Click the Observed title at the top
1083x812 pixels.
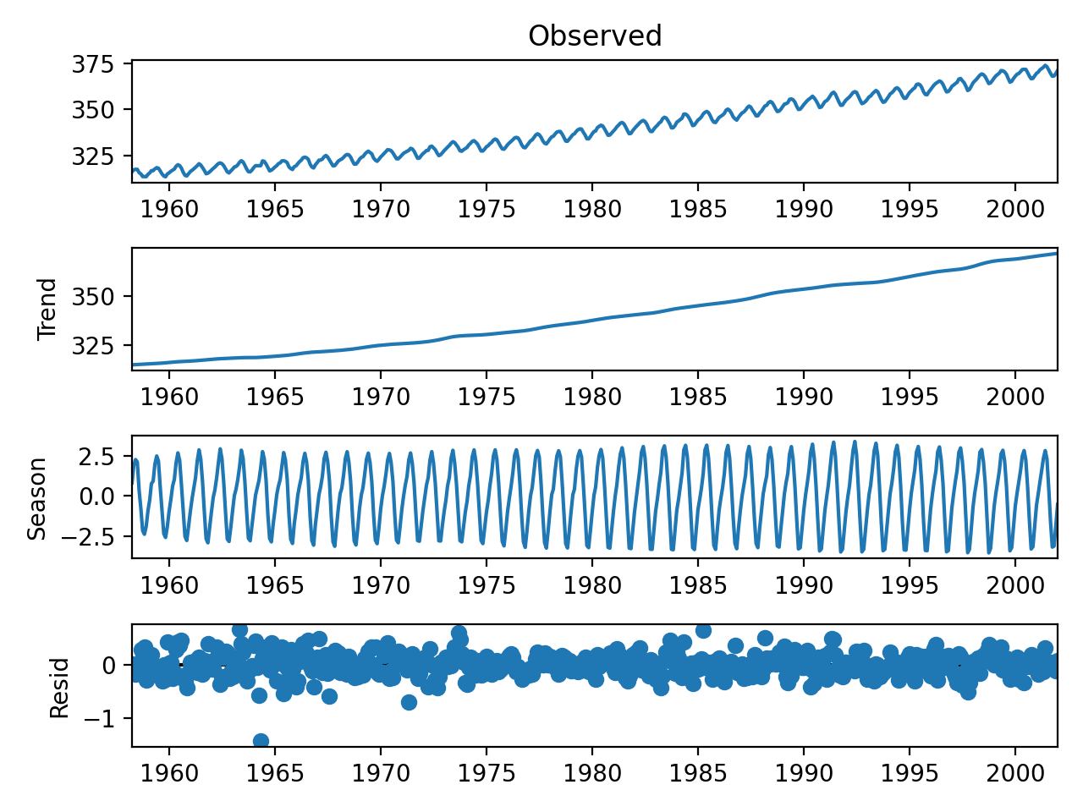pos(595,36)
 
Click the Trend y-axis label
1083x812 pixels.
pos(47,309)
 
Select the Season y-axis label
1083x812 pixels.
pos(36,499)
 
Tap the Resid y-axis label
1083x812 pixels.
pos(59,688)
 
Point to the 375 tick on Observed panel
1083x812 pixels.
pos(93,64)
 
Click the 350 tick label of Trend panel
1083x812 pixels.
pos(93,297)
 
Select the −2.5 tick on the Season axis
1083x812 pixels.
pos(87,536)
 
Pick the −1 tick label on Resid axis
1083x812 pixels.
pos(99,718)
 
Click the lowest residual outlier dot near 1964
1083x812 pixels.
pos(261,740)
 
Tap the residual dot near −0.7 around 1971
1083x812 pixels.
pos(409,702)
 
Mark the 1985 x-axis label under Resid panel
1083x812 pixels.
pos(698,772)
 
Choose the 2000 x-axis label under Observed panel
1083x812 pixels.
pos(1015,209)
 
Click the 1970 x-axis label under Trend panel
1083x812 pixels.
pos(381,397)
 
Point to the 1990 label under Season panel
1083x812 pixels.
pos(803,585)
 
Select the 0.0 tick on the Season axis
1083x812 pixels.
pos(96,496)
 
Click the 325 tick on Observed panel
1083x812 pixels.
pos(93,156)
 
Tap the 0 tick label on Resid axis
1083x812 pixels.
pos(108,666)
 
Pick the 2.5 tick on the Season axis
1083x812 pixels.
pos(96,457)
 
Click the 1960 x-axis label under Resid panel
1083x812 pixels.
pos(168,772)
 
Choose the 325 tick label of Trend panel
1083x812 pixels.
pos(93,346)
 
